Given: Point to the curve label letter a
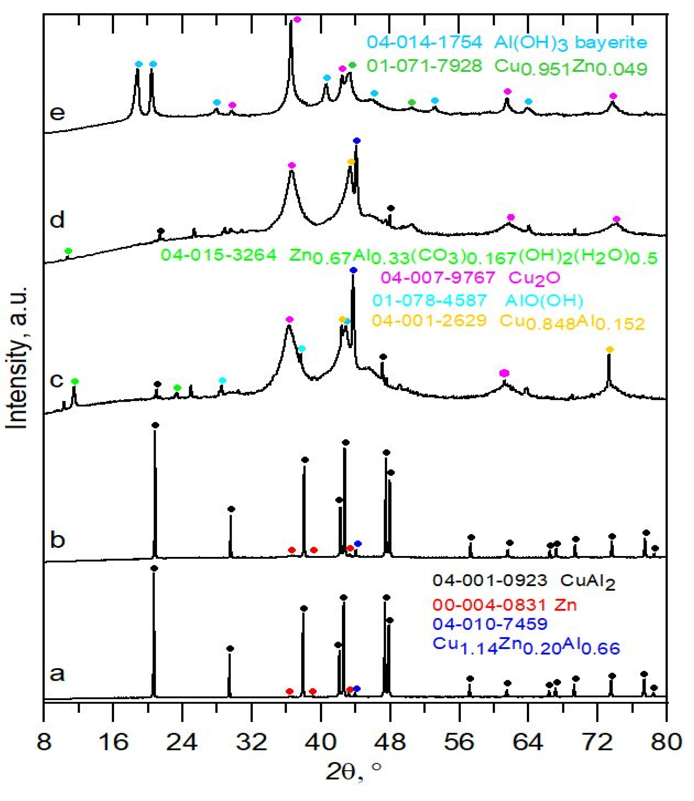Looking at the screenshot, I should coord(57,674).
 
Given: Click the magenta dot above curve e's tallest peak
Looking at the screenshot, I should coord(297,19).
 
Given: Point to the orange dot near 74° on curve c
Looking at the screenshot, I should coord(610,350).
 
